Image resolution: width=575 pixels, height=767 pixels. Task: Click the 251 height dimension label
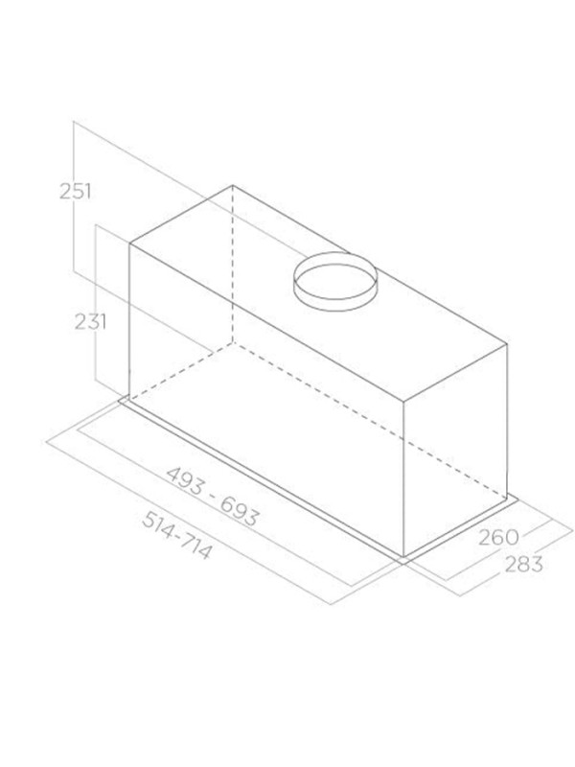coord(75,191)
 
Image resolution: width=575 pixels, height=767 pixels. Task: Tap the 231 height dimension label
coord(90,321)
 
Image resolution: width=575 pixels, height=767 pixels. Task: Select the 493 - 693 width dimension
coord(213,496)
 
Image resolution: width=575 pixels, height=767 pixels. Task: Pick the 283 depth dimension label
coord(520,563)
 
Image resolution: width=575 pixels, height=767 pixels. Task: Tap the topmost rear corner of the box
coord(233,185)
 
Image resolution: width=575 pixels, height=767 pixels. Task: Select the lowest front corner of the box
coord(404,556)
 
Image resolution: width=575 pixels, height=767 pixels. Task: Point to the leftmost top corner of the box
coord(129,244)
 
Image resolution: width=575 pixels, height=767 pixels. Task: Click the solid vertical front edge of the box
coord(404,479)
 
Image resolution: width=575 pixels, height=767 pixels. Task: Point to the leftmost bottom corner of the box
coord(129,396)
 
